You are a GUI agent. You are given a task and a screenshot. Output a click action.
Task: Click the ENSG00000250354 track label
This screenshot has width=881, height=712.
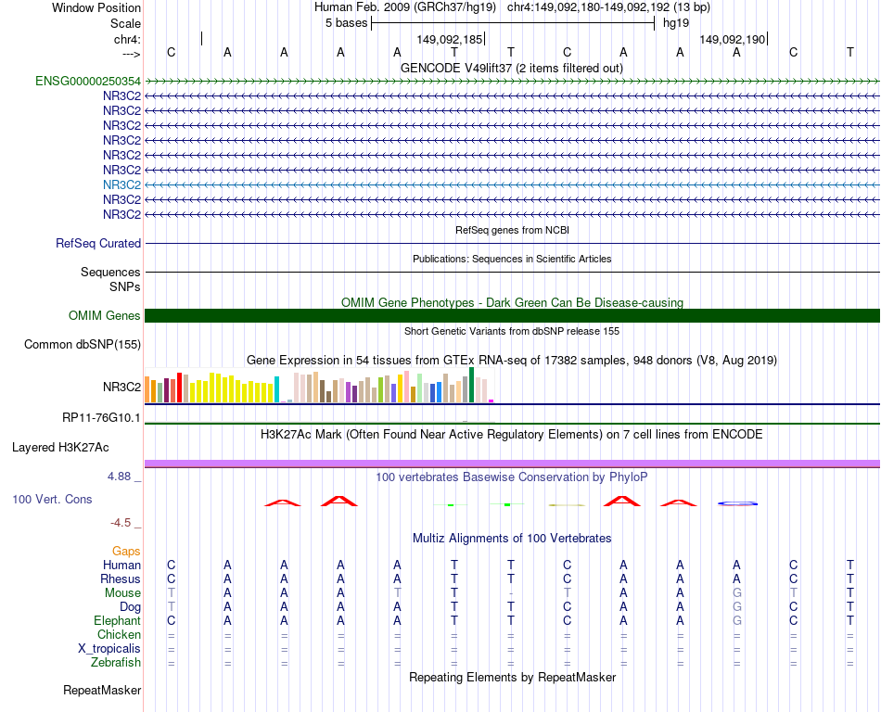88,82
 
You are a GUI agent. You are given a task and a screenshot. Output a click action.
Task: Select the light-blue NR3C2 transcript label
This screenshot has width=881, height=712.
121,184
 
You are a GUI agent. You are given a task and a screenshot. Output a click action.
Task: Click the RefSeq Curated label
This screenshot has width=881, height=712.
98,244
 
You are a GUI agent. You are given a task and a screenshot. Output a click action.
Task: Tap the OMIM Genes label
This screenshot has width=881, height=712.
105,316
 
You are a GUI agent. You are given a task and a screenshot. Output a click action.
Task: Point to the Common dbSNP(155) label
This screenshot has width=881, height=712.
82,345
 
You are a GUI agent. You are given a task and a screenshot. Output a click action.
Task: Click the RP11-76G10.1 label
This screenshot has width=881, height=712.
101,418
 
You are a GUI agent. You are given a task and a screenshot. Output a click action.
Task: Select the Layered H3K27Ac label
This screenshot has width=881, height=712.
60,447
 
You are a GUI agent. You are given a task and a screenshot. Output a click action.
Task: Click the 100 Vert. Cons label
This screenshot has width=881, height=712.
52,500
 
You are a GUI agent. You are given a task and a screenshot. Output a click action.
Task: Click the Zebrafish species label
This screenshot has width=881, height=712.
116,663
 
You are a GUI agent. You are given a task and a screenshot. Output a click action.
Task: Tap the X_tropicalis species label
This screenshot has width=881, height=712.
109,649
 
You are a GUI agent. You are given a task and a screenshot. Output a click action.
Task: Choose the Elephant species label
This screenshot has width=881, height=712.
117,621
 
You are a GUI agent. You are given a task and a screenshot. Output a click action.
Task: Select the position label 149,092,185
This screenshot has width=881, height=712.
449,40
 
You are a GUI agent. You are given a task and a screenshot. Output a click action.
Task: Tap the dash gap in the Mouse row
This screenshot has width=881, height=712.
511,593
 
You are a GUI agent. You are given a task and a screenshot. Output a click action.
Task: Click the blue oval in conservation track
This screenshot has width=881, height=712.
738,503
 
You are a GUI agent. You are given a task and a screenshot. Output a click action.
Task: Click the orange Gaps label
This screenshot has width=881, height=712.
126,552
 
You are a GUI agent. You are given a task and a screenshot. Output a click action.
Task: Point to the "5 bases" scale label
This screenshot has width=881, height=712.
346,23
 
